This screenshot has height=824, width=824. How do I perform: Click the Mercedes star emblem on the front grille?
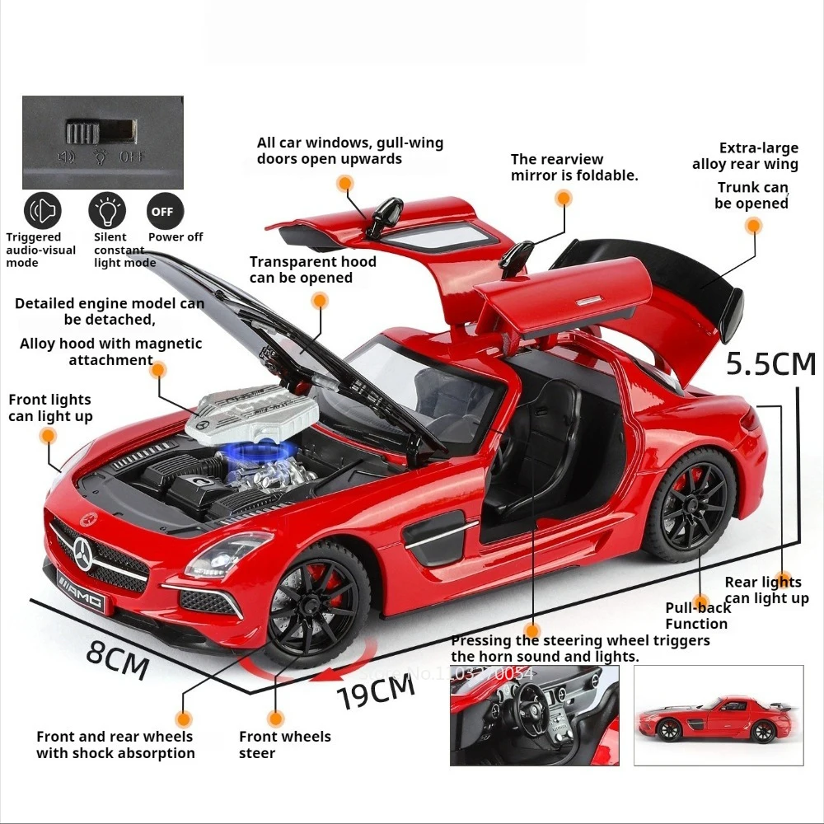click(x=83, y=550)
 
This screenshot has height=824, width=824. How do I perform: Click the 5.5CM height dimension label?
click(x=770, y=363)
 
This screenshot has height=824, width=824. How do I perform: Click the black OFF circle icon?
click(x=162, y=211)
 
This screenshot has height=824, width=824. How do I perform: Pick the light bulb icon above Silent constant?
click(x=107, y=211)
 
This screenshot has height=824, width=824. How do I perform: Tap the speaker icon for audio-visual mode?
click(x=43, y=211)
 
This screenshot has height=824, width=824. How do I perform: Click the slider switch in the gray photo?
click(x=101, y=131)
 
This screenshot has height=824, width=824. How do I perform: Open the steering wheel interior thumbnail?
click(x=534, y=715)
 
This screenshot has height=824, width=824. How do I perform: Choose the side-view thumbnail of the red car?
click(x=718, y=715)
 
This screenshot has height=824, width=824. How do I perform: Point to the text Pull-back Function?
click(x=697, y=616)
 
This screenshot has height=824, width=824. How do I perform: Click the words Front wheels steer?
click(x=284, y=744)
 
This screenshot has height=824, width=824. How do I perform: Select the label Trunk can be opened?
click(x=751, y=195)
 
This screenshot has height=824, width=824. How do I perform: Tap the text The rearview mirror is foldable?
click(x=574, y=167)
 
